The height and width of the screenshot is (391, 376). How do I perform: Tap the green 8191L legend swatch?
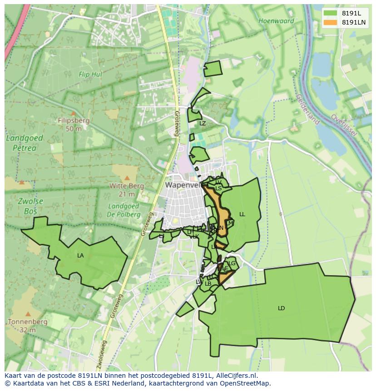[x=331, y=13]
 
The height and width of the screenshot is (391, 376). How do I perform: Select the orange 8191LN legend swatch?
[x=331, y=22]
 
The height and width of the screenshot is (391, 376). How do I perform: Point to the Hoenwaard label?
[x=276, y=21]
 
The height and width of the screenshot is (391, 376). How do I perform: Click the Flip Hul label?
[x=90, y=74]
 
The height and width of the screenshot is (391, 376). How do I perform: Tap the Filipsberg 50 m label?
[x=74, y=124]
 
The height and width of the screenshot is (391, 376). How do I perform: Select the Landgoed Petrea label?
[x=25, y=143]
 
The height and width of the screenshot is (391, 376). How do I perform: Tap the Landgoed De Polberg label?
[x=123, y=210]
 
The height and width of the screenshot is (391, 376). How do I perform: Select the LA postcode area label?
[x=80, y=256]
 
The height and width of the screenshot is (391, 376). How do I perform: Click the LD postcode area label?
[x=281, y=308]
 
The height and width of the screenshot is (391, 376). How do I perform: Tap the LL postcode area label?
[x=242, y=214]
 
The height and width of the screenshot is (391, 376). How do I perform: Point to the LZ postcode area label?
[x=203, y=124]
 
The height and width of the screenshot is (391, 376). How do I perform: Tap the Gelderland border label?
[x=307, y=109]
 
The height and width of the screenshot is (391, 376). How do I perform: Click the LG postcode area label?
[x=232, y=263]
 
